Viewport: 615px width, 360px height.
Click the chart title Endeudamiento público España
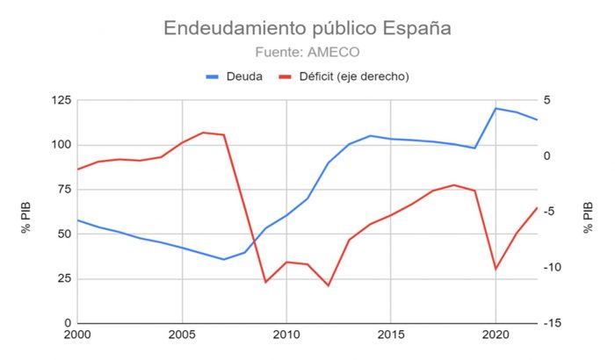[x=307, y=28]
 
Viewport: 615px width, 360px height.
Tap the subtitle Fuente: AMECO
[x=307, y=52]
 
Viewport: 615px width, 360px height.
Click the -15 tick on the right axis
[x=554, y=323]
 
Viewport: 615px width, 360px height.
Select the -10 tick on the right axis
[x=554, y=268]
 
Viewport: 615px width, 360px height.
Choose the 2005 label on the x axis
[x=182, y=335]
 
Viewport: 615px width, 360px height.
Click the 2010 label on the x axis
[x=286, y=335]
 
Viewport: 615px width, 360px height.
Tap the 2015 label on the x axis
[x=391, y=335]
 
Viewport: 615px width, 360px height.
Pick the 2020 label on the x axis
[x=496, y=335]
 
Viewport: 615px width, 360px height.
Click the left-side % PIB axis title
[x=25, y=212]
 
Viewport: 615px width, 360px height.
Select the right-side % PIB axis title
[x=588, y=212]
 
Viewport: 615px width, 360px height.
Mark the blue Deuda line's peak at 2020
[x=496, y=108]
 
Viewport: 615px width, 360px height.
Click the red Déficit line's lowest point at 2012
[x=329, y=285]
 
